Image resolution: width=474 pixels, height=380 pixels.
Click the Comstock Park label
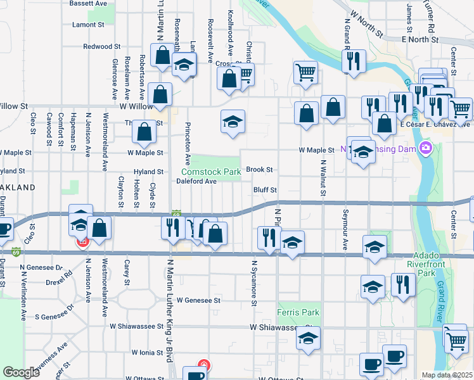(211, 172)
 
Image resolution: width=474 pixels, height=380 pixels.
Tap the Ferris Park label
(298, 313)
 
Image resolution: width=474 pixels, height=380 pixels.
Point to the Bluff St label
(265, 190)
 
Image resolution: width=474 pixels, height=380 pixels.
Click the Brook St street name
(259, 170)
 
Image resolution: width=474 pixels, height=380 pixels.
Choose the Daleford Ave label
(196, 181)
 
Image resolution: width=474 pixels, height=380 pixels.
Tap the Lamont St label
(88, 25)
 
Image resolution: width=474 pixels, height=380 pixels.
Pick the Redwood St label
(101, 47)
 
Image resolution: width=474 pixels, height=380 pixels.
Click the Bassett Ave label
(87, 3)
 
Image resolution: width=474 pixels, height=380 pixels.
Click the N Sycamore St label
(253, 282)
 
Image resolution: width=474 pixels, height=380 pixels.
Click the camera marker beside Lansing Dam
(425, 149)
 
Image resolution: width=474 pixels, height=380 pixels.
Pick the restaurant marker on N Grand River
(350, 61)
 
